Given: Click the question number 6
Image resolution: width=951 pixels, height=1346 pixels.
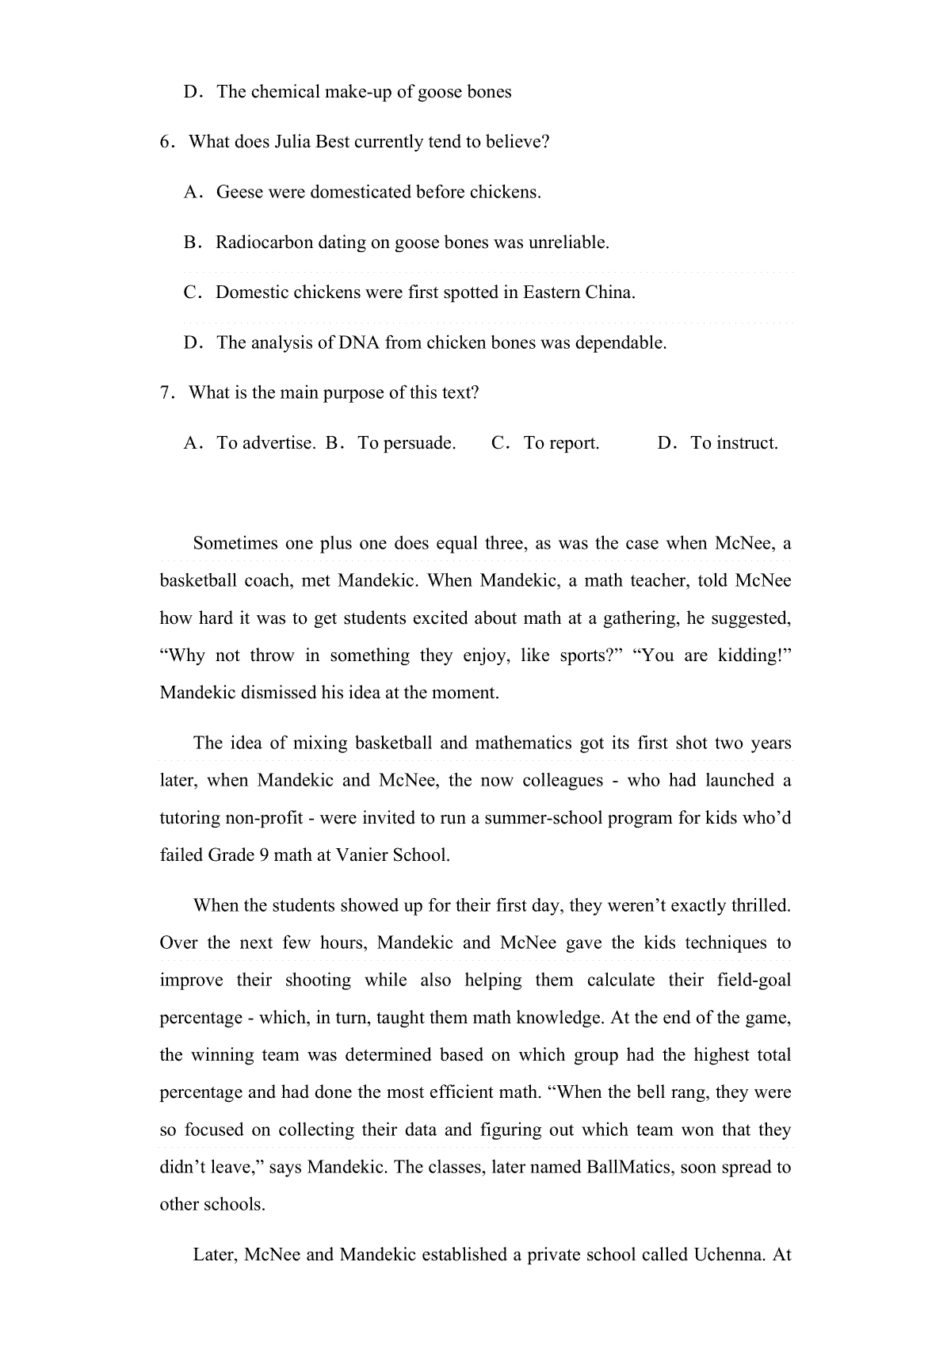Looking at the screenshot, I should tap(165, 143).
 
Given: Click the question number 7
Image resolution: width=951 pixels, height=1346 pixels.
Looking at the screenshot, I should tap(165, 393).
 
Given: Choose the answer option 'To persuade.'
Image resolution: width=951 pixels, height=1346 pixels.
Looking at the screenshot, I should tap(407, 443).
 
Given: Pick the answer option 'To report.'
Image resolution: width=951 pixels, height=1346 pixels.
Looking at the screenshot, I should tap(561, 443).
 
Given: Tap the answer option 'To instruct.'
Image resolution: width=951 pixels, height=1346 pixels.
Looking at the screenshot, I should tap(734, 443).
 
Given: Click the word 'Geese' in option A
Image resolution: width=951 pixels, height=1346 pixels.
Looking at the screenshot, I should tap(239, 193).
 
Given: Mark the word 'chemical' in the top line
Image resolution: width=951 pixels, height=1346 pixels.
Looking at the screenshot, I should tap(285, 92).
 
